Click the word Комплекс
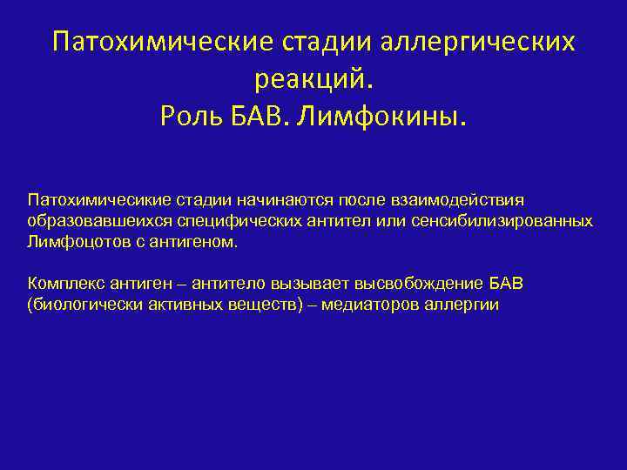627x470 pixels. tap(64, 284)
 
